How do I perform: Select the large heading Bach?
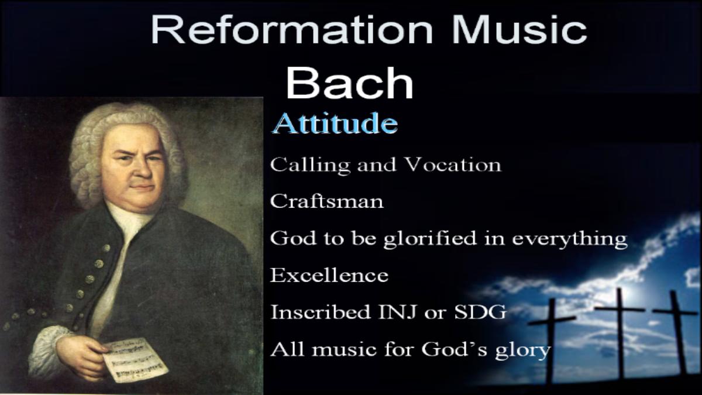coord(350,83)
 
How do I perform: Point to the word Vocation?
coord(453,164)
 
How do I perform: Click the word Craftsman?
coord(327,201)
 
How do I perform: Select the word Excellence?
coord(329,275)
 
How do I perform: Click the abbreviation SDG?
coord(480,312)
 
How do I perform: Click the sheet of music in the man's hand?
coord(135,360)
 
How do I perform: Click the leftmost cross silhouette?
coord(552,342)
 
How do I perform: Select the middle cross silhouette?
coord(621,332)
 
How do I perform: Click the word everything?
coord(570,239)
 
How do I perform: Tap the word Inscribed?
coord(321,312)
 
